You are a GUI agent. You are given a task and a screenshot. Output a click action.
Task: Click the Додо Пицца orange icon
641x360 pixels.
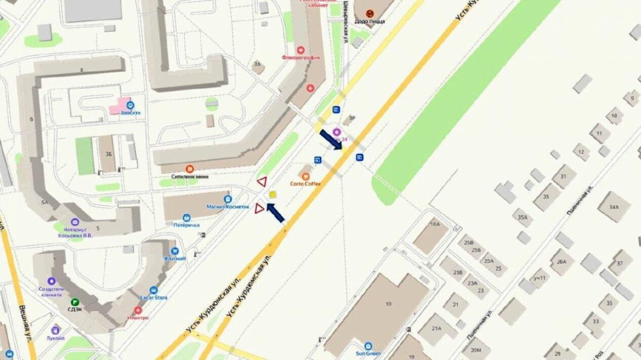pyautogui.click(x=369, y=13)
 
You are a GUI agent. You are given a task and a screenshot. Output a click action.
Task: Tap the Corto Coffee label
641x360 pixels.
pyautogui.click(x=306, y=184)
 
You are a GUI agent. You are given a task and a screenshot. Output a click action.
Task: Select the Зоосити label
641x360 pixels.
pyautogui.click(x=131, y=113)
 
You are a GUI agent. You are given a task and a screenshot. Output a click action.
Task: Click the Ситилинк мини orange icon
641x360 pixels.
pyautogui.click(x=189, y=169)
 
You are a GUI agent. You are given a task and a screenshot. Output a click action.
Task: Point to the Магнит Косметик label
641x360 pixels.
pyautogui.click(x=228, y=207)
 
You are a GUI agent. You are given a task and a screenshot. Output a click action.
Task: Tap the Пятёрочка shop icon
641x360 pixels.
pyautogui.click(x=186, y=217)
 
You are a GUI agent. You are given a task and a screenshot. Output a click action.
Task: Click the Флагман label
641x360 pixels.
pyautogui.click(x=175, y=259)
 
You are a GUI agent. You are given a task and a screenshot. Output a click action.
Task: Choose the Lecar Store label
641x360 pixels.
pyautogui.click(x=154, y=298)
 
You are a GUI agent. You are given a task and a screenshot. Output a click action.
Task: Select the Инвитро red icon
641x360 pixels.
pyautogui.click(x=138, y=310)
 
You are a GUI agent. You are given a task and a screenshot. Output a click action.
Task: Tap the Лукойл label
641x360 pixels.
pyautogui.click(x=55, y=339)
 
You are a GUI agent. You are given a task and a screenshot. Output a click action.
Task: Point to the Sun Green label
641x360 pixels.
pyautogui.click(x=368, y=353)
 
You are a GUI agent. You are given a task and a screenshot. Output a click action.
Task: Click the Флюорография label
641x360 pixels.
pyautogui.click(x=301, y=57)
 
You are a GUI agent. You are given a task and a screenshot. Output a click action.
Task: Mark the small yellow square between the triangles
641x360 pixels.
pyautogui.click(x=273, y=195)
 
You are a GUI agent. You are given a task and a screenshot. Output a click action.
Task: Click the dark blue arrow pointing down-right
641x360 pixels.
pyautogui.click(x=331, y=140)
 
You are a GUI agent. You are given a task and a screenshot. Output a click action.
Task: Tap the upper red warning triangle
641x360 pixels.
pyautogui.click(x=262, y=182)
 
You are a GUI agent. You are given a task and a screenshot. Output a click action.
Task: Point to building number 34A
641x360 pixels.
pyautogui.click(x=613, y=207)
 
